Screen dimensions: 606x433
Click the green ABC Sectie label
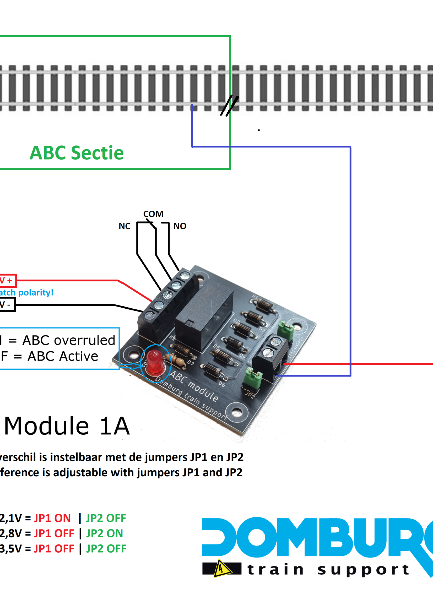[77, 153]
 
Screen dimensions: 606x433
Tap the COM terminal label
[153, 214]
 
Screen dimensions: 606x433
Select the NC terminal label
[124, 226]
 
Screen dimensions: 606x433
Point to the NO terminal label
[180, 226]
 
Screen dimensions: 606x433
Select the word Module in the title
[47, 426]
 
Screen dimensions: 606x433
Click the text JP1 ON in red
[52, 518]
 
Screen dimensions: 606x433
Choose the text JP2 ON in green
[104, 533]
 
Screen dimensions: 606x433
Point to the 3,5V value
[11, 549]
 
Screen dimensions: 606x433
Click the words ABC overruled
[69, 340]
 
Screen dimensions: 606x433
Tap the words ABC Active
[63, 356]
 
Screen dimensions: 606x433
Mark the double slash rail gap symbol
[229, 106]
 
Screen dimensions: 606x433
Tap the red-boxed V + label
[7, 281]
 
